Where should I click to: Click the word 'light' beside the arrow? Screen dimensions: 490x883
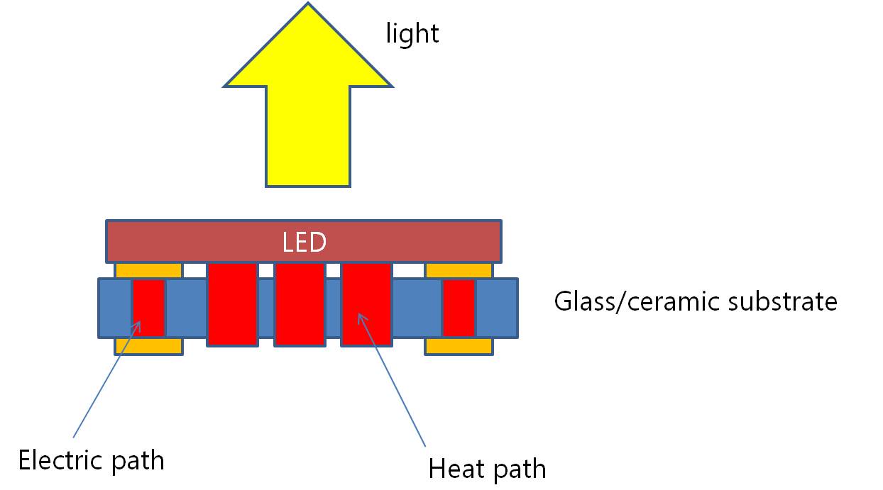click(x=412, y=33)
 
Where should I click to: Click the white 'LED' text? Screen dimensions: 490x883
click(x=304, y=243)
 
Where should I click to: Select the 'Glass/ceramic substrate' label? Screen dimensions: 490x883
click(x=695, y=301)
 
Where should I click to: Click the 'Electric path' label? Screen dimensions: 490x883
click(x=91, y=460)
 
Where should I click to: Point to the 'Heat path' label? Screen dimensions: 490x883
click(x=487, y=469)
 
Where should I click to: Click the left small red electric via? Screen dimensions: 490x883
click(x=149, y=307)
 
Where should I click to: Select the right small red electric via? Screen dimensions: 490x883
click(x=459, y=307)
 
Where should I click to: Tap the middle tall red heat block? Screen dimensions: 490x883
click(x=300, y=304)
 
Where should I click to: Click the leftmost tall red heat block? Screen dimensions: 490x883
click(x=232, y=304)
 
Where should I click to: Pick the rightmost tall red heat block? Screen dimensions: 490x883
click(x=366, y=304)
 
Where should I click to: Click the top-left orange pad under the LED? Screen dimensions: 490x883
click(x=148, y=270)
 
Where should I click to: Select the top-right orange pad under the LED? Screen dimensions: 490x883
click(x=459, y=270)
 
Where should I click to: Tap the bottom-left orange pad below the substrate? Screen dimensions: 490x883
click(x=148, y=346)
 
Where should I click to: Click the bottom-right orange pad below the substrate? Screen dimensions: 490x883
click(x=459, y=346)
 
